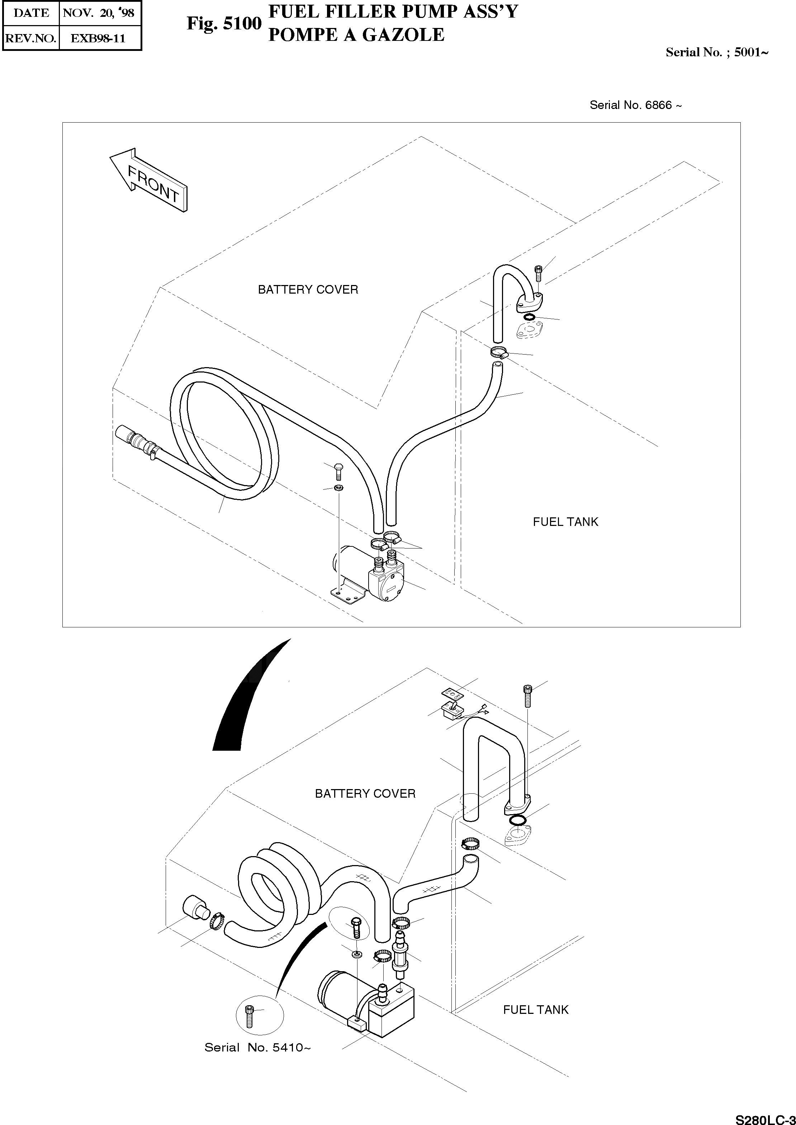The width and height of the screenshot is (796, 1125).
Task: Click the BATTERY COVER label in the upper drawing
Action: [x=308, y=290]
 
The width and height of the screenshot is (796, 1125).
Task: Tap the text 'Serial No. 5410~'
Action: [x=257, y=1048]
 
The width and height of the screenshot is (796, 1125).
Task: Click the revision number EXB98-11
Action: [x=98, y=38]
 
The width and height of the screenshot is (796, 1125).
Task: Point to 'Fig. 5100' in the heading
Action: [x=224, y=24]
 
